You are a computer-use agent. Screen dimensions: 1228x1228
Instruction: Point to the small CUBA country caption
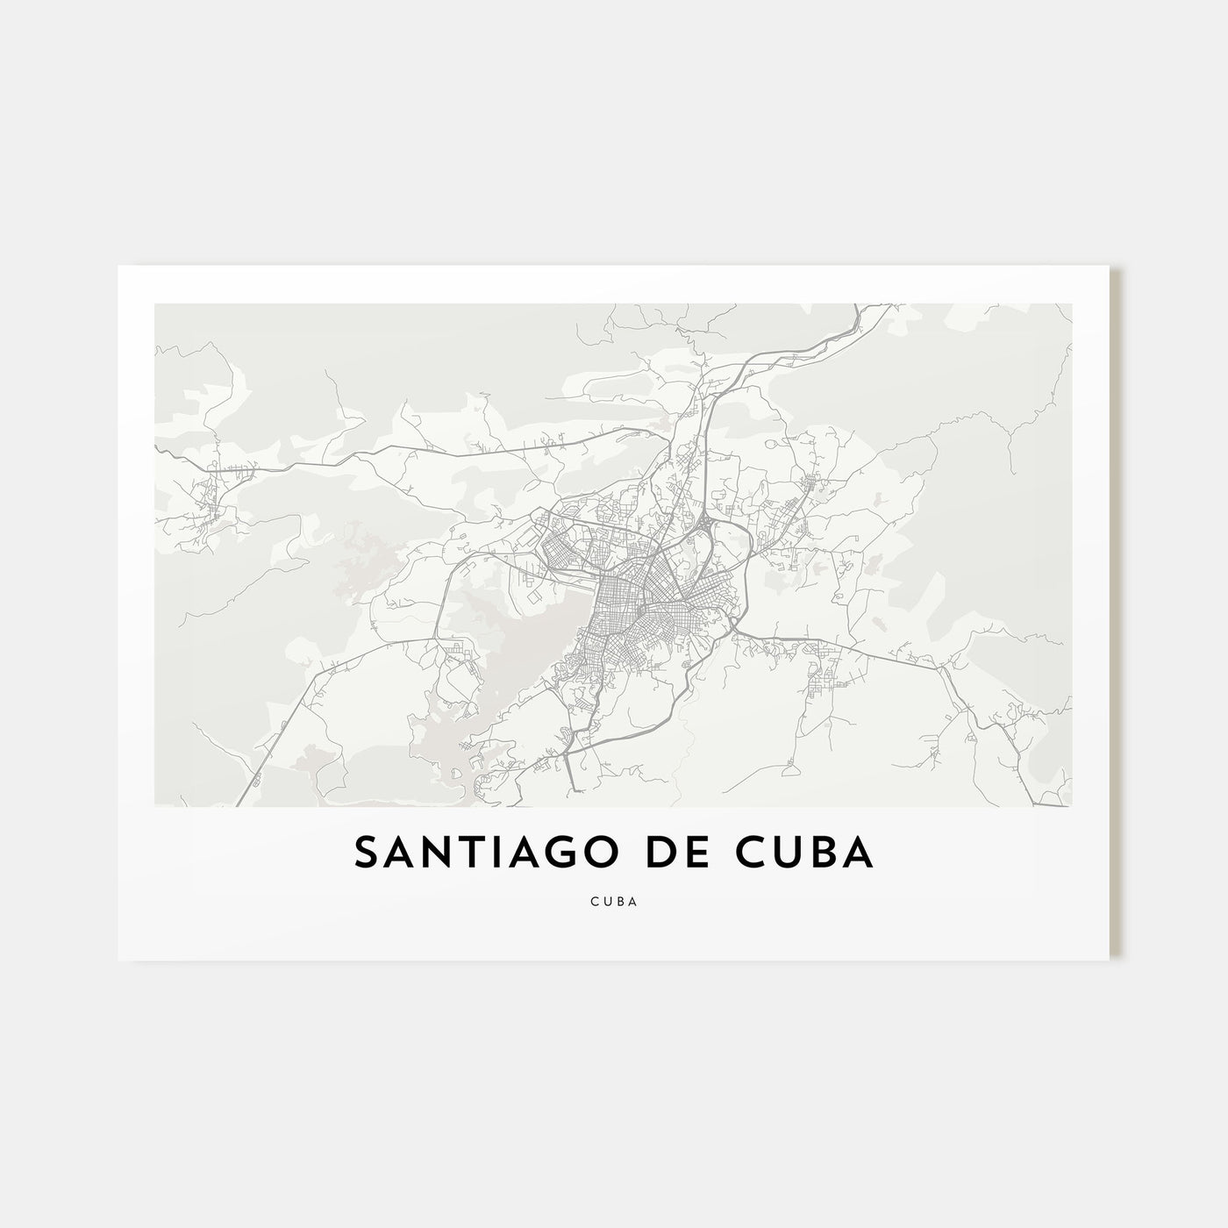613,900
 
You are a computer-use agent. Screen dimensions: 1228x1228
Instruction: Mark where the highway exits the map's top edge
856,306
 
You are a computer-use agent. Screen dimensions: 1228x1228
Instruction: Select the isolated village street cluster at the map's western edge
211,496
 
